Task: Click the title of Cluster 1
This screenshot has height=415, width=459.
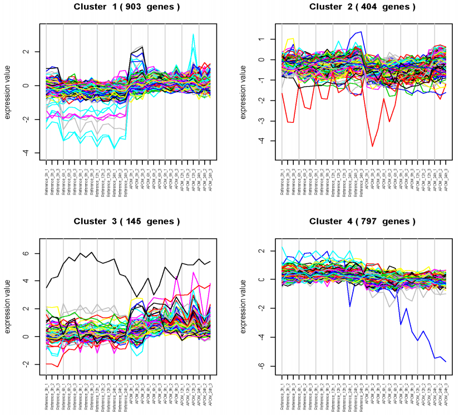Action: [130, 7]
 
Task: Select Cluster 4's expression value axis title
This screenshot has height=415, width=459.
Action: [244, 303]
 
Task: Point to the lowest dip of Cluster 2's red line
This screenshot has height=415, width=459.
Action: [372, 146]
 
